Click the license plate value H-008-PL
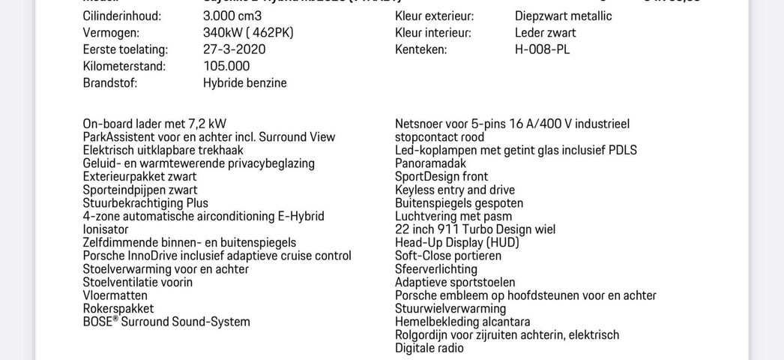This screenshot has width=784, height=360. tap(543, 49)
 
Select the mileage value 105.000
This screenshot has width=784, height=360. tap(226, 66)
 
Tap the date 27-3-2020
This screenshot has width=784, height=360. tap(234, 49)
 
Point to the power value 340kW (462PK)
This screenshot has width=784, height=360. tap(248, 33)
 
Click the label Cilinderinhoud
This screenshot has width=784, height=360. tap(121, 16)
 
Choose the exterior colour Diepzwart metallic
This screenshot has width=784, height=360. tap(563, 16)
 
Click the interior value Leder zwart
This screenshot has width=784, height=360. tap(545, 33)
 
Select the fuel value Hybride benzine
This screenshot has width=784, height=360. tap(244, 82)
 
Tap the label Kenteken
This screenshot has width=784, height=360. tap(420, 49)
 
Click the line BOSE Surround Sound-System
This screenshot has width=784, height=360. tap(166, 322)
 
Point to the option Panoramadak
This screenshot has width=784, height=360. tap(430, 163)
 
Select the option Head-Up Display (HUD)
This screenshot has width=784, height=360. tap(456, 242)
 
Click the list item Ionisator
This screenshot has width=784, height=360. tap(106, 229)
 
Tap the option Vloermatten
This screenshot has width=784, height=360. tap(115, 295)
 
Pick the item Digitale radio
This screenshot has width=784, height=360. tap(429, 348)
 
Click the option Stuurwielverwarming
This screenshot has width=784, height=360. tap(450, 308)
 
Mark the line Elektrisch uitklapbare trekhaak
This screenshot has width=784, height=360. tap(163, 150)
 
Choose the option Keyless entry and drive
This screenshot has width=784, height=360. tap(455, 190)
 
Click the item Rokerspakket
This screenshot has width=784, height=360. tap(118, 308)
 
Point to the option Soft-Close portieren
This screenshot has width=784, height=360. tap(448, 256)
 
